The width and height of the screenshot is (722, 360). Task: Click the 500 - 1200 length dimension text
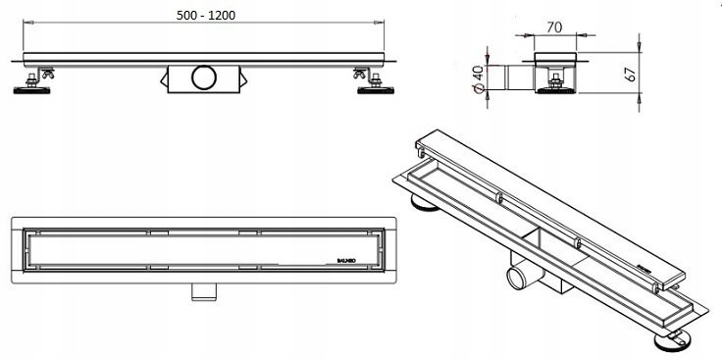(x=207, y=16)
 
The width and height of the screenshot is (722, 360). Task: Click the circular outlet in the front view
(x=206, y=77)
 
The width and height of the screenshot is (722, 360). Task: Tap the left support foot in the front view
(x=30, y=88)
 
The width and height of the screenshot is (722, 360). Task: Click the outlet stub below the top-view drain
(x=203, y=291)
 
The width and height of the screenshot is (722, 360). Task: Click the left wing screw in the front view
(x=44, y=74)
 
